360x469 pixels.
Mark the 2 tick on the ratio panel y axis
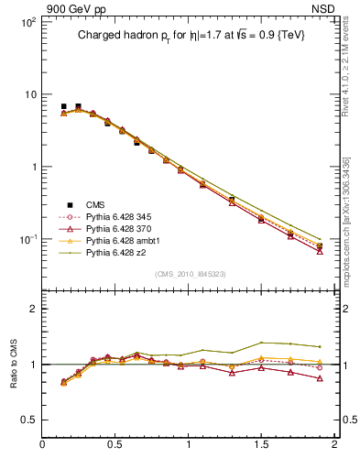[x=33, y=309]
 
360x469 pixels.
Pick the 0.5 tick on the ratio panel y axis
[x=29, y=420]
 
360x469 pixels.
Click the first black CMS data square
[x=63, y=106]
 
